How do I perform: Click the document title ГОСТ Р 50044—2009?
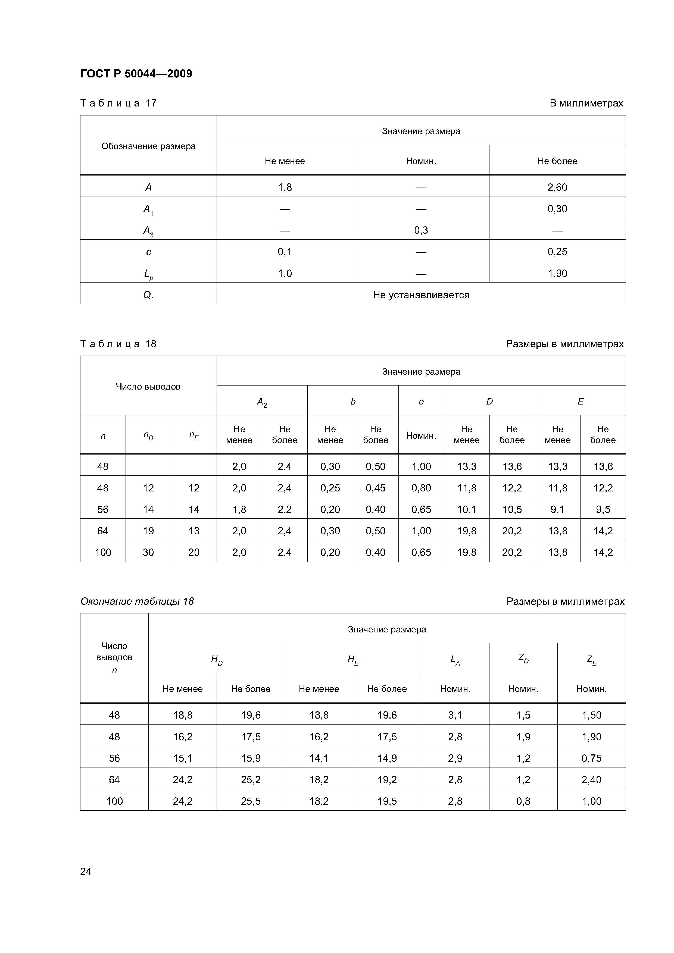(136, 74)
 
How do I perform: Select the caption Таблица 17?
(118, 103)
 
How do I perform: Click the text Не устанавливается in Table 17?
(421, 295)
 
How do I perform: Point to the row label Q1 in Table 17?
(148, 295)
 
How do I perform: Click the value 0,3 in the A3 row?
(421, 230)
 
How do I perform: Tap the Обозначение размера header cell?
(148, 146)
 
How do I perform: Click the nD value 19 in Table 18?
(148, 531)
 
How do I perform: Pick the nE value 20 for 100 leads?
(194, 553)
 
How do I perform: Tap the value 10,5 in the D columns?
(512, 509)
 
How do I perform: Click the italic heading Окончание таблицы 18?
(137, 601)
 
